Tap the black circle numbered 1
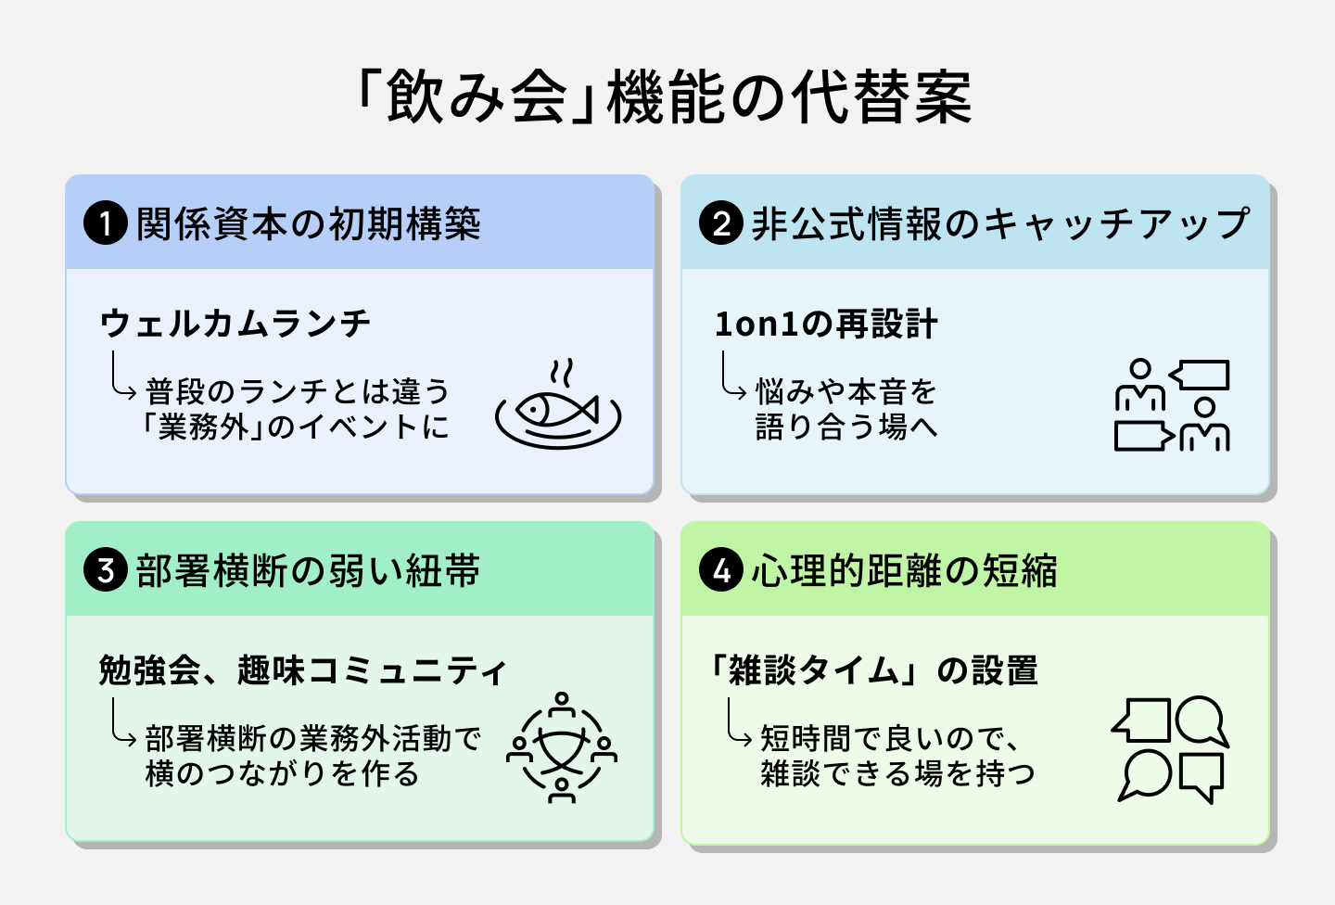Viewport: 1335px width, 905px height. (105, 224)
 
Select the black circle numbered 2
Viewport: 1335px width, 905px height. (721, 224)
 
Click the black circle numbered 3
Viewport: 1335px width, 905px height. (105, 570)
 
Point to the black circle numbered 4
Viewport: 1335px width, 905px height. (721, 570)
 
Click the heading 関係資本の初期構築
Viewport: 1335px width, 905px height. (308, 224)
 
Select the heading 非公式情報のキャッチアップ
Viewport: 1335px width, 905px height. (1000, 224)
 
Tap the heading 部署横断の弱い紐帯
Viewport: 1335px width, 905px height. (308, 570)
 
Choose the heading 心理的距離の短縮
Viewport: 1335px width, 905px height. (904, 570)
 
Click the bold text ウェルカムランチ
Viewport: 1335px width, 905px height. (235, 324)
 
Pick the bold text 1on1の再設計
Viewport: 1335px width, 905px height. (826, 325)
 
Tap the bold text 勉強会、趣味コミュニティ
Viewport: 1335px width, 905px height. (303, 669)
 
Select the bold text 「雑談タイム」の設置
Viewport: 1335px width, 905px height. (874, 669)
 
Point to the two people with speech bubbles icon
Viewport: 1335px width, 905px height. (1172, 405)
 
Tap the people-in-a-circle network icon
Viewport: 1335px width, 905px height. (561, 746)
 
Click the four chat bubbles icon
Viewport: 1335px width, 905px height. (1170, 748)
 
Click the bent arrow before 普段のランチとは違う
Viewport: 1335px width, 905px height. (122, 375)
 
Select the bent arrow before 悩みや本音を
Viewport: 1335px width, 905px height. (732, 376)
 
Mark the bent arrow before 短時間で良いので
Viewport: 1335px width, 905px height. (738, 723)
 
